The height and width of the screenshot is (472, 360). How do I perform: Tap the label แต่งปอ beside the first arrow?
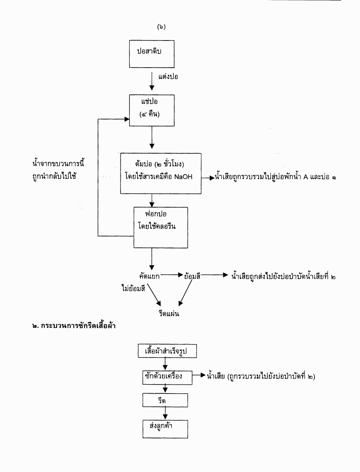point(168,77)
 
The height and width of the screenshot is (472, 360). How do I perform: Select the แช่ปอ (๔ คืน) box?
point(151,110)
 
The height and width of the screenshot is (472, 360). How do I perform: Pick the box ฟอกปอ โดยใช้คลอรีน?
point(160,227)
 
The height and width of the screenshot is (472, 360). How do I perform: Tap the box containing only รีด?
point(165,400)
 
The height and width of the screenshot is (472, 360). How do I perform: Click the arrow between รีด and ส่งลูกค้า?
point(166,413)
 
